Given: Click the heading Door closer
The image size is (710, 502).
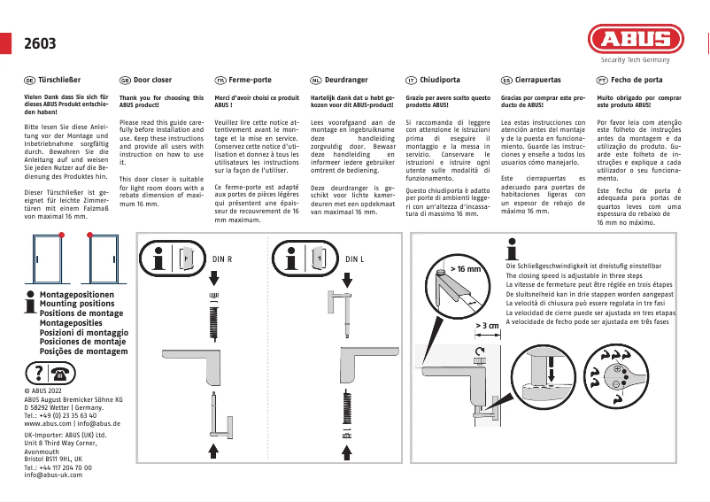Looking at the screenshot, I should pos(152,80).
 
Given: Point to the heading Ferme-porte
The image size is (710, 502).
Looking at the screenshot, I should pos(250,80).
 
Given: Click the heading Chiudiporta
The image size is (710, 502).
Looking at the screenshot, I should pos(440,80).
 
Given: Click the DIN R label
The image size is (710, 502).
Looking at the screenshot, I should pos(222,259).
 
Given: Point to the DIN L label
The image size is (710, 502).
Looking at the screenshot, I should pos(355,259).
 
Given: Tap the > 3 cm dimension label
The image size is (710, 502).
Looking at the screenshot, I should pos(488,326).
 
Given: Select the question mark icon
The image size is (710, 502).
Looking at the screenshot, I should pos(40,372).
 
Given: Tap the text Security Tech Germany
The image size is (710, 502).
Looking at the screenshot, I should pos(636,60).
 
